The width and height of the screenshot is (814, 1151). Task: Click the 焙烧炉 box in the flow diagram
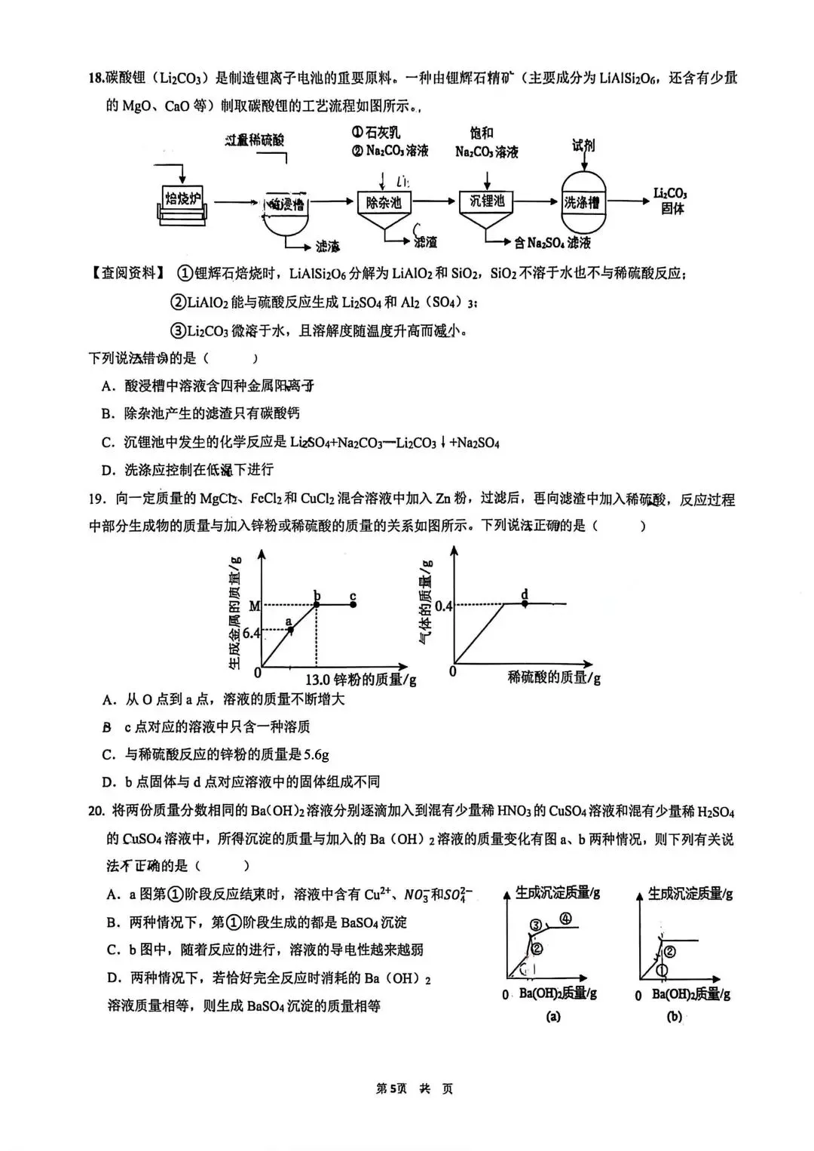(x=183, y=199)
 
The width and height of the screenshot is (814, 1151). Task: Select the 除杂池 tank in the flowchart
(x=384, y=202)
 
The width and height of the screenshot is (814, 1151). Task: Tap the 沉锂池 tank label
(x=486, y=201)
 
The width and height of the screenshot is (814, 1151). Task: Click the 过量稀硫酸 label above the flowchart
(x=255, y=140)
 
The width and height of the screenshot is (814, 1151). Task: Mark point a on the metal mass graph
(x=291, y=629)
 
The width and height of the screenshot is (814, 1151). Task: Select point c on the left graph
(x=353, y=604)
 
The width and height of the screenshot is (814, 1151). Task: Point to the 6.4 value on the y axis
(x=252, y=633)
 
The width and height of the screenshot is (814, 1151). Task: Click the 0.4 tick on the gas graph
(x=443, y=606)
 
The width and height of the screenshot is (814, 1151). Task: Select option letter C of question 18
(x=108, y=443)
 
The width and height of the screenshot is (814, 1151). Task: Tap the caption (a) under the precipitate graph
(x=552, y=1016)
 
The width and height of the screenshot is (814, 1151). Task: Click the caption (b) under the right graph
(x=674, y=1016)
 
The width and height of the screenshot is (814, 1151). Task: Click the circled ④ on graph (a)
(x=565, y=918)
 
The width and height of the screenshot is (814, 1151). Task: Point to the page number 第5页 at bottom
(x=392, y=1088)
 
